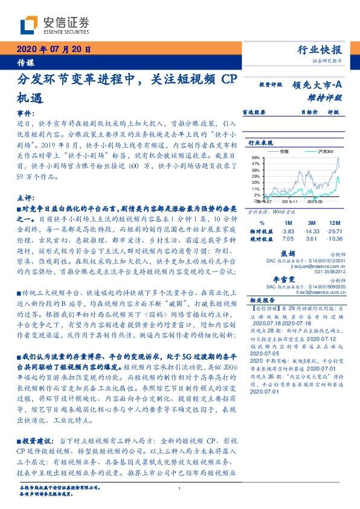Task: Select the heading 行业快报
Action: (320, 50)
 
